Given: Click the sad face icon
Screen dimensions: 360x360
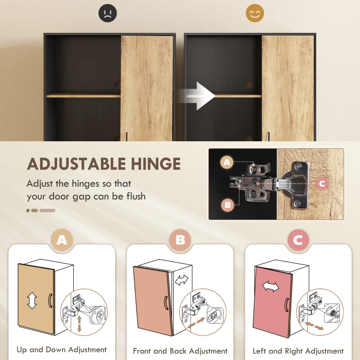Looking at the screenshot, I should point(108,13).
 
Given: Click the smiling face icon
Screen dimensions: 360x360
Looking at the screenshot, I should point(255,13).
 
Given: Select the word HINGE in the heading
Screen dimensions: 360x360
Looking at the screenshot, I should point(157,164).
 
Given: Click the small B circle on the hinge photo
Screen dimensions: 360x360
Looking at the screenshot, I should point(227,205).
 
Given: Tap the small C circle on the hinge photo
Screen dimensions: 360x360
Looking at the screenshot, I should point(321,184).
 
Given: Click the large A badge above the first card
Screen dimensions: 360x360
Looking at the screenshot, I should point(62,240).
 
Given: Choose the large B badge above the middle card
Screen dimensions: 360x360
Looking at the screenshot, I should point(180,240).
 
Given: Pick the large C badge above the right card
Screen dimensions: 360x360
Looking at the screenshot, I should point(298,240).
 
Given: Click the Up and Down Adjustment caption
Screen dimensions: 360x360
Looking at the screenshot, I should point(62,350).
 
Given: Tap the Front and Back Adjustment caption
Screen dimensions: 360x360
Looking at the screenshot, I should point(180,351).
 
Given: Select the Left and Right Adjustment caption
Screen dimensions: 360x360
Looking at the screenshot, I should point(298,351).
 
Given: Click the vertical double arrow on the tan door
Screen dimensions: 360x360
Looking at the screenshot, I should point(31,301).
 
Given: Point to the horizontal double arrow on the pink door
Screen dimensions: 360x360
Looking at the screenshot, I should point(271,287).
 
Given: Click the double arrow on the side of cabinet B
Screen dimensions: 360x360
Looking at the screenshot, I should point(182,280).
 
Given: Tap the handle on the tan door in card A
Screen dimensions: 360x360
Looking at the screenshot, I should point(50,300).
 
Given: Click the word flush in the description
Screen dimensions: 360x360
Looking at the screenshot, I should point(134,197).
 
